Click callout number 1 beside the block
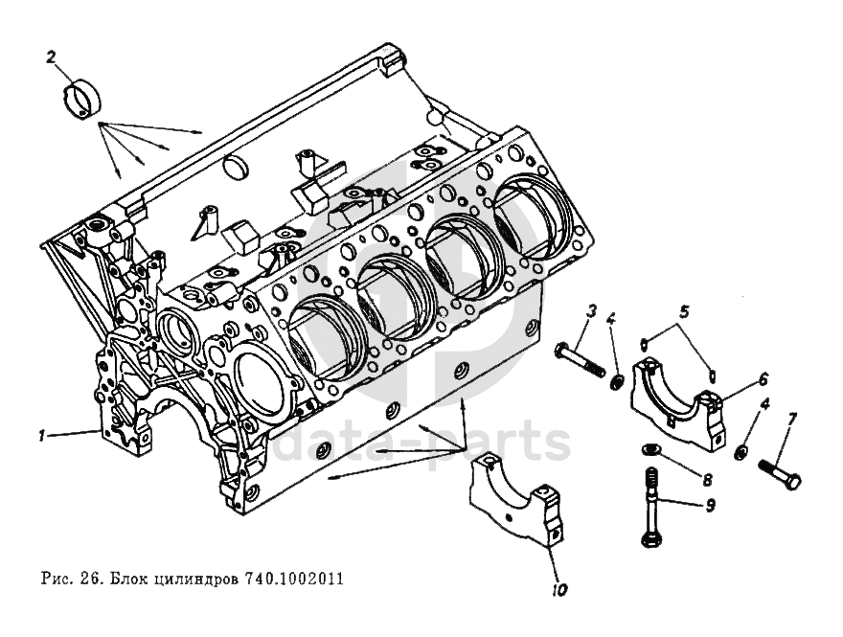point(42,435)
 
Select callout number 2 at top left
point(52,57)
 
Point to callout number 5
point(685,310)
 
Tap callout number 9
point(710,506)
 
